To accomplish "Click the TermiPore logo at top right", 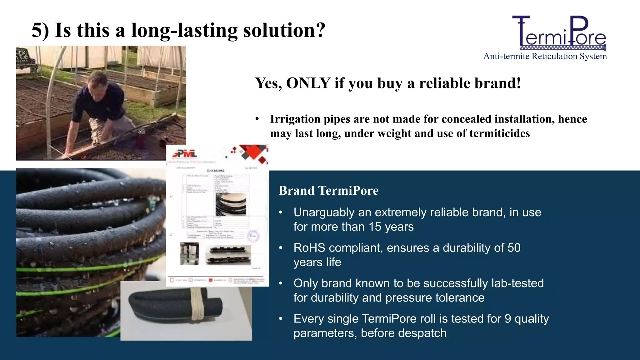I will point(559,33).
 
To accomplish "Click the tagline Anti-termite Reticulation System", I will point(545,56).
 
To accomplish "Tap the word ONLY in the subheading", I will point(308,83).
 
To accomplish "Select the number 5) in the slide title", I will point(41,30).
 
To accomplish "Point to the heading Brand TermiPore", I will point(328,191).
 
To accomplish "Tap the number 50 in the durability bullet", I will point(514,248).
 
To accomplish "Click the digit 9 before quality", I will point(508,319).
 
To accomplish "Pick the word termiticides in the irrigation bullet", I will point(499,133).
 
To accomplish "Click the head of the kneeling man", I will point(97,82).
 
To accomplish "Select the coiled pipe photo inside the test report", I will point(231,204).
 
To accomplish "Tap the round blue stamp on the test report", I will point(253,236).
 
